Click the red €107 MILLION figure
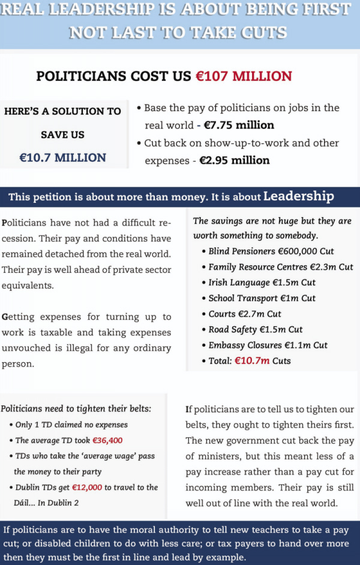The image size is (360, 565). [x=244, y=76]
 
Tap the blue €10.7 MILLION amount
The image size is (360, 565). [x=62, y=158]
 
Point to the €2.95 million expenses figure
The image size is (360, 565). [x=234, y=160]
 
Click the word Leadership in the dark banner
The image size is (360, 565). [x=299, y=197]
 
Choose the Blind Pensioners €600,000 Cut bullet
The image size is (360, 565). [x=271, y=251]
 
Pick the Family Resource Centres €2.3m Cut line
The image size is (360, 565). [x=281, y=267]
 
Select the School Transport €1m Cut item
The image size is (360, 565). [x=262, y=298]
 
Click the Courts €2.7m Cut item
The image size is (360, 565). [x=245, y=314]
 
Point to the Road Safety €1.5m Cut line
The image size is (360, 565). [x=256, y=329]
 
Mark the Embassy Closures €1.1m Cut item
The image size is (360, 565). [x=268, y=345]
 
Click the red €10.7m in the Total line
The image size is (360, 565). [x=252, y=360]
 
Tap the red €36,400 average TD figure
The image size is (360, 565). [x=107, y=440]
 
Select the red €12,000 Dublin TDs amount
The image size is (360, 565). [x=85, y=487]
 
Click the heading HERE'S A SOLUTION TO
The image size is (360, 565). [x=62, y=112]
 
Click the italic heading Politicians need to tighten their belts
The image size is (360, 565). [x=76, y=409]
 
